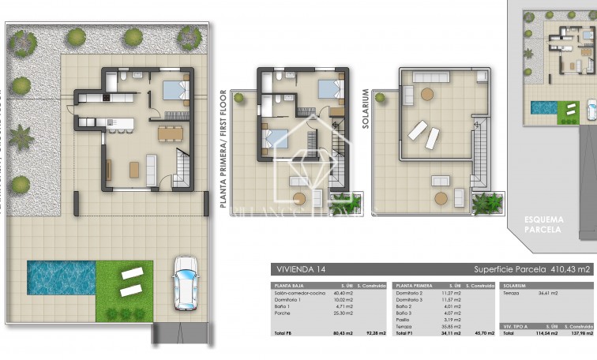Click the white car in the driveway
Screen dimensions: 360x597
pos(185,283)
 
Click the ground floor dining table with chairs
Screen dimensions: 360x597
pos(169,133)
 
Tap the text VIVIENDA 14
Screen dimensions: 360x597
pos(298,268)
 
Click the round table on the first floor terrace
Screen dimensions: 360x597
pos(299,198)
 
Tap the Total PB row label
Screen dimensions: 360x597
pos(282,332)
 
